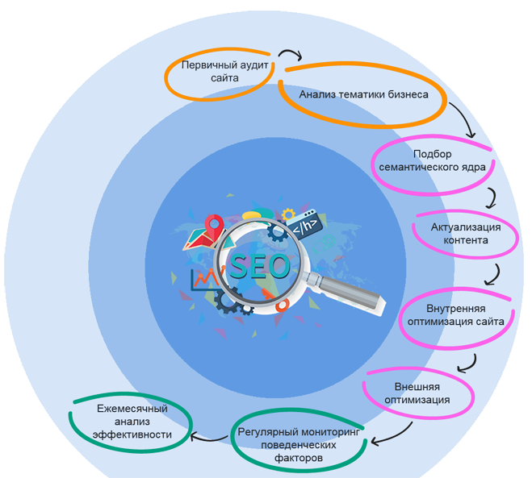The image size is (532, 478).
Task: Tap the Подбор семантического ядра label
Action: pos(432,160)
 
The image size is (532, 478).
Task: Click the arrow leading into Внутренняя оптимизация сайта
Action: pos(494,274)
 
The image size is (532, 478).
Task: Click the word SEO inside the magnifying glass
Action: pos(259,264)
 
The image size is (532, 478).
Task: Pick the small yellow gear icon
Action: pos(288,214)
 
